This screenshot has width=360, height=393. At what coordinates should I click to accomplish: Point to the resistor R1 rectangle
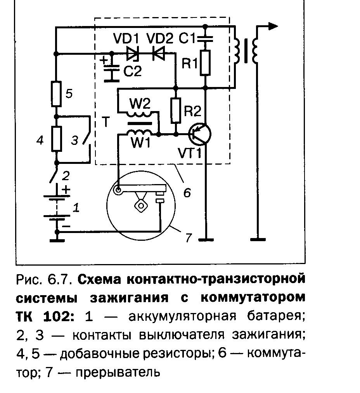tap(205, 63)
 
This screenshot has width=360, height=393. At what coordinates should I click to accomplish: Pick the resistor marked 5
tap(57, 94)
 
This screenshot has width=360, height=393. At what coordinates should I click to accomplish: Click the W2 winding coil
tap(138, 115)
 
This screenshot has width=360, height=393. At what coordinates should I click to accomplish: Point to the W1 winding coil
tap(138, 133)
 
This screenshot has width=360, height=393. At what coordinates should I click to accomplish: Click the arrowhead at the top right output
tap(273, 26)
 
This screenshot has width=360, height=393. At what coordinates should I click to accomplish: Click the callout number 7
tap(189, 237)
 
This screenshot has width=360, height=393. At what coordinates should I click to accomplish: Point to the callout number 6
tap(187, 193)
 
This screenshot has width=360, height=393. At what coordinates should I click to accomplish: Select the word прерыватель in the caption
tap(118, 372)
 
